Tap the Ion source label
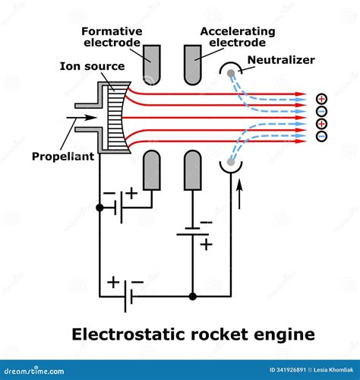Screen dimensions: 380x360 click(92, 66)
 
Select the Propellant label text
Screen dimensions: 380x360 click(62, 157)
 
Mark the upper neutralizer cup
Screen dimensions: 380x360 click(230, 71)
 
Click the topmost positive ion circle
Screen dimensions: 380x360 click(322, 98)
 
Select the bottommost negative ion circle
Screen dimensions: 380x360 click(322, 137)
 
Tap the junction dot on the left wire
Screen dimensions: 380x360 click(99, 207)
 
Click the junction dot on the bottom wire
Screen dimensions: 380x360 click(193, 295)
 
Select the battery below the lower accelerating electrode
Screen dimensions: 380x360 click(193, 231)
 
